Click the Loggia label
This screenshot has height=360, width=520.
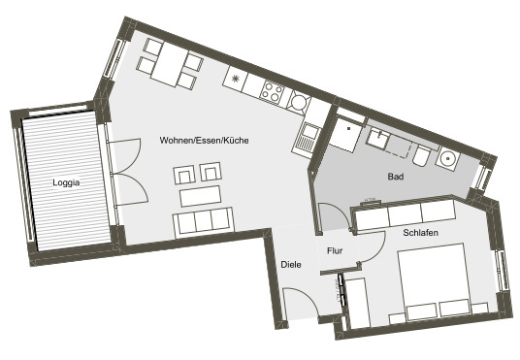pyautogui.click(x=66, y=182)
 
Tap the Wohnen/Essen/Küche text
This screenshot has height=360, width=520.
pyautogui.click(x=205, y=141)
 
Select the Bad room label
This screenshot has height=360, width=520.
pyautogui.click(x=396, y=177)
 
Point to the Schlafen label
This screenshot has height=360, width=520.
pyautogui.click(x=420, y=233)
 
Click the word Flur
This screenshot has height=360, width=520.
pyautogui.click(x=335, y=251)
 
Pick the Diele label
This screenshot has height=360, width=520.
pyautogui.click(x=291, y=265)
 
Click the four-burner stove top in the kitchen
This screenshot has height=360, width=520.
pyautogui.click(x=273, y=91)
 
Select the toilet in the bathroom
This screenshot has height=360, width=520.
pyautogui.click(x=421, y=155)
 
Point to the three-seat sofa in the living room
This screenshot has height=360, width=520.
pyautogui.click(x=204, y=221)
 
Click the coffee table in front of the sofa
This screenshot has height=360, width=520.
pyautogui.click(x=200, y=196)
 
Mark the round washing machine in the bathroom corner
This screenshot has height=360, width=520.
pyautogui.click(x=448, y=158)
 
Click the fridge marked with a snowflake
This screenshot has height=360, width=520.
pyautogui.click(x=236, y=79)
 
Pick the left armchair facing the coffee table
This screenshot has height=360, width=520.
pyautogui.click(x=184, y=175)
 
